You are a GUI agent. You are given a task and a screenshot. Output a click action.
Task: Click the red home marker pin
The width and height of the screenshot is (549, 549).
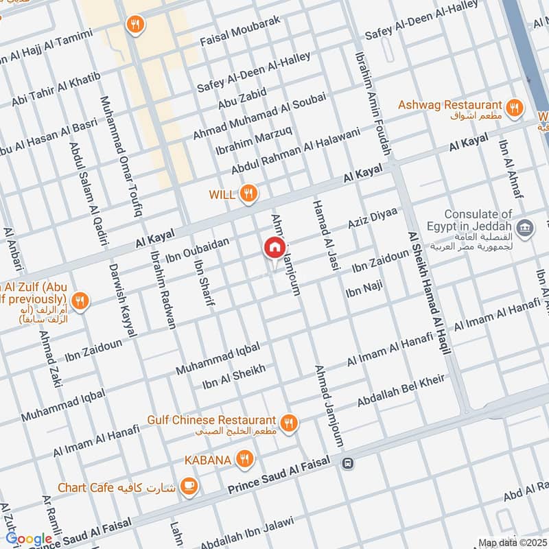click(274, 247)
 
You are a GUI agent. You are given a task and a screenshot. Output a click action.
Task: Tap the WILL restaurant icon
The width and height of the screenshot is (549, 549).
click(248, 194)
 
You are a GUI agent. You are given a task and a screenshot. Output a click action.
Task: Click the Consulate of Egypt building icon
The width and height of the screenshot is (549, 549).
click(526, 227)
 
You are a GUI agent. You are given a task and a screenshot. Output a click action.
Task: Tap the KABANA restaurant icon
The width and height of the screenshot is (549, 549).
click(244, 459)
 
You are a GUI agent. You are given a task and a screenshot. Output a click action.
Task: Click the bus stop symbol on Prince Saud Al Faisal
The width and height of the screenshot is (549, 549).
click(348, 463)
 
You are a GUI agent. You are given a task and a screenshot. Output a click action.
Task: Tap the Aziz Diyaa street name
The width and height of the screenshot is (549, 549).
click(373, 220)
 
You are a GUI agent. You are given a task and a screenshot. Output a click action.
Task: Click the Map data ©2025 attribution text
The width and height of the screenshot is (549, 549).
click(511, 543)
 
